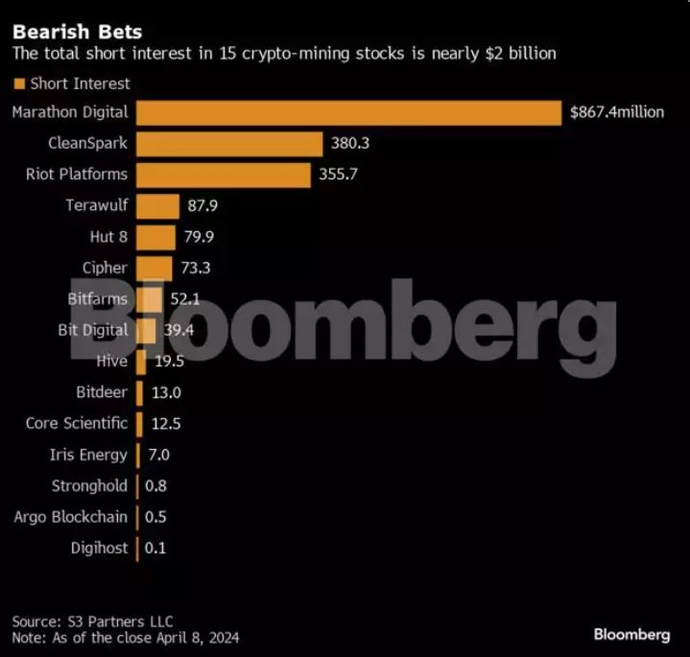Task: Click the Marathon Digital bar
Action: click(348, 112)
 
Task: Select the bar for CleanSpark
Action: click(229, 144)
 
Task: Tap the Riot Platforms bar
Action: click(224, 175)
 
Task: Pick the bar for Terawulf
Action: click(157, 205)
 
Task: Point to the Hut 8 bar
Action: click(155, 237)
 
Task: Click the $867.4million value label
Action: click(616, 112)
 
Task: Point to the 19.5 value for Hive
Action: click(170, 362)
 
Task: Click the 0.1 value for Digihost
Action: click(155, 548)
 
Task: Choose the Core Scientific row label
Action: click(77, 423)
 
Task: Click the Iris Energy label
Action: click(88, 455)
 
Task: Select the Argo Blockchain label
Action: click(70, 517)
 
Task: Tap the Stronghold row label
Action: click(89, 485)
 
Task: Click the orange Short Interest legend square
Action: click(18, 83)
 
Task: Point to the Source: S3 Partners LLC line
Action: click(93, 621)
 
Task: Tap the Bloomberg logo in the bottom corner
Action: click(631, 634)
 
